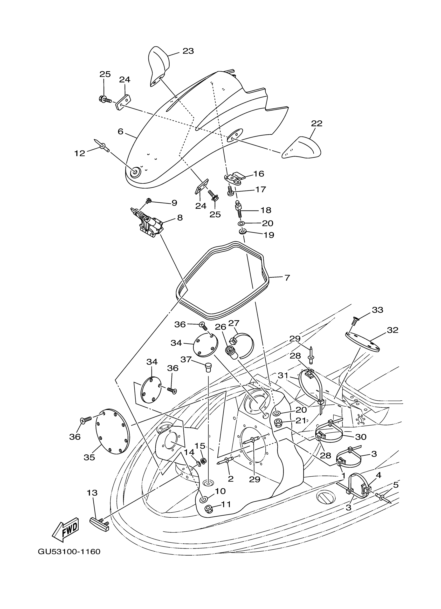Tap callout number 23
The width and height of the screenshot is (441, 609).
click(x=188, y=51)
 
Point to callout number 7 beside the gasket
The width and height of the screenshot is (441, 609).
click(x=287, y=278)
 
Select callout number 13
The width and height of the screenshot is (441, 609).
click(x=92, y=493)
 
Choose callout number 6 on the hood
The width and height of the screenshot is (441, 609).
click(x=121, y=132)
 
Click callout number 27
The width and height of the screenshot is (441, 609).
click(x=233, y=323)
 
